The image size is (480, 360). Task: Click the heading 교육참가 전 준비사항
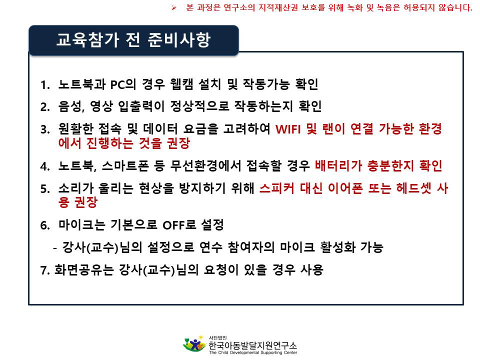133,40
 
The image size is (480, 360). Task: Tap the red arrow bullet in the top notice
174,7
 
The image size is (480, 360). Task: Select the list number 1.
45,85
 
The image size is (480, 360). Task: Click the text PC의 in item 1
123,84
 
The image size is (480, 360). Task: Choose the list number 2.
45,107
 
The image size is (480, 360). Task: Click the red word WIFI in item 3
288,129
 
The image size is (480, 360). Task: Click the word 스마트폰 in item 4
125,166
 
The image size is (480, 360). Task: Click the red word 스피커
276,188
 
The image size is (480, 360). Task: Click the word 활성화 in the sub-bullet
337,247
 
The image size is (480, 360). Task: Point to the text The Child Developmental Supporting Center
253,352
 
